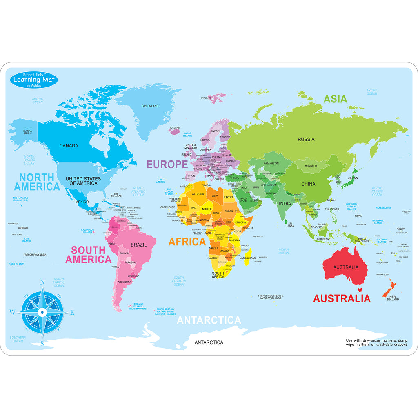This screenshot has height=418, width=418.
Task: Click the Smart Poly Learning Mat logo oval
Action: (34, 80)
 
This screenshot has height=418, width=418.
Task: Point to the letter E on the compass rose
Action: (72, 313)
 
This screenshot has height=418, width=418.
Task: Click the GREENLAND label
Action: (150, 106)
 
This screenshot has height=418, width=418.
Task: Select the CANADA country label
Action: (69, 146)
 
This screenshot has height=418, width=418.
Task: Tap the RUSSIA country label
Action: (306, 139)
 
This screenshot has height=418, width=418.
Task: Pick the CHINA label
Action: (308, 184)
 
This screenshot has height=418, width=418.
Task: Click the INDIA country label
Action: (285, 204)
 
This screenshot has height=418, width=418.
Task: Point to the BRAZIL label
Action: (139, 245)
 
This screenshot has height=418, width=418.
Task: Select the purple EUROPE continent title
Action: (173, 165)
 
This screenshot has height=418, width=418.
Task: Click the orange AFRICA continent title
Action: (187, 242)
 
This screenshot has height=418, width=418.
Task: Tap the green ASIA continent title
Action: (335, 99)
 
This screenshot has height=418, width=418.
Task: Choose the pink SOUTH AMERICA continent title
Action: (88, 255)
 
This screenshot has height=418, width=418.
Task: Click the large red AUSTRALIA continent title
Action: (342, 298)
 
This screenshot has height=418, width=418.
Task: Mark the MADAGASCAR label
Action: (247, 258)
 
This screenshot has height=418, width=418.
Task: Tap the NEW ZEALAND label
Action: (394, 298)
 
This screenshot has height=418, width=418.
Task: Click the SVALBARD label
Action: (206, 98)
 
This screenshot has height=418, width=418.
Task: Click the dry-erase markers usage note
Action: (376, 342)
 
